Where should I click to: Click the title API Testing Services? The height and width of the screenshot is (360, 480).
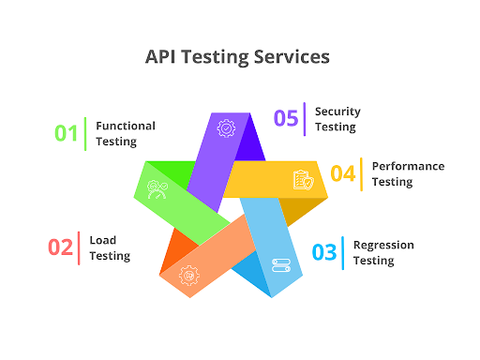237,56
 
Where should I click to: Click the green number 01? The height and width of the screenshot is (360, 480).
66,133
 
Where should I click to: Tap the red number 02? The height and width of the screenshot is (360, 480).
60,247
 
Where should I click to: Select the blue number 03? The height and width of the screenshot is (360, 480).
323,251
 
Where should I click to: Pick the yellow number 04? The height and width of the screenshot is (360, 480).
342,173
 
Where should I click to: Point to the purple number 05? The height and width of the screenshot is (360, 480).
285,118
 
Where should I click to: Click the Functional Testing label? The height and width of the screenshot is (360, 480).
126,133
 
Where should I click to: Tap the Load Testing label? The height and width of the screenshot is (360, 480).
110,247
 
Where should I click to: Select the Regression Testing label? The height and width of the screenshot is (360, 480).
383,251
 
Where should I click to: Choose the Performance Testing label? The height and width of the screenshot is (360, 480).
408,173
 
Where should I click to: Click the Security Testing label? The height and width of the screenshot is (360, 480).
337,118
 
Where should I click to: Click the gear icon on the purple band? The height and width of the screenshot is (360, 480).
225,128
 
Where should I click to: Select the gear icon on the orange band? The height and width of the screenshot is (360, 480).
188,276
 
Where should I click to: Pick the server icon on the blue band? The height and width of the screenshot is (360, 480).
280,266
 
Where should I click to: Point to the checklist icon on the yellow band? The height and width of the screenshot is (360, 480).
302,179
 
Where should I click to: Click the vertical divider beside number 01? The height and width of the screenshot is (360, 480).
85,133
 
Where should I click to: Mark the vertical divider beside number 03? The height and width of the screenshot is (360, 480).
343,251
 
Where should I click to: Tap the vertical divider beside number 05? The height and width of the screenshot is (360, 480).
305,118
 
